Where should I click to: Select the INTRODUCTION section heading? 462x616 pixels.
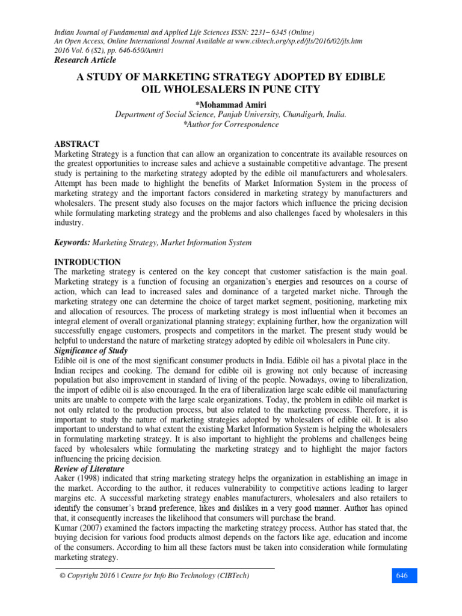pos(88,262)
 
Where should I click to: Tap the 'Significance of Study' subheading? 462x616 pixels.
pos(92,351)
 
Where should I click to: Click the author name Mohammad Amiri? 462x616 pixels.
pos(231,105)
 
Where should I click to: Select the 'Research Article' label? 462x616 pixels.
pos(85,60)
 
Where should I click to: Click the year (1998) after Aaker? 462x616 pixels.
pos(90,478)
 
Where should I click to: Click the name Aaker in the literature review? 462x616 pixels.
pos(66,478)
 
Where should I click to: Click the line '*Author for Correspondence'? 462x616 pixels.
pos(230,125)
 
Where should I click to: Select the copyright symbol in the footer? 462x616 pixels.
pos(62,576)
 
